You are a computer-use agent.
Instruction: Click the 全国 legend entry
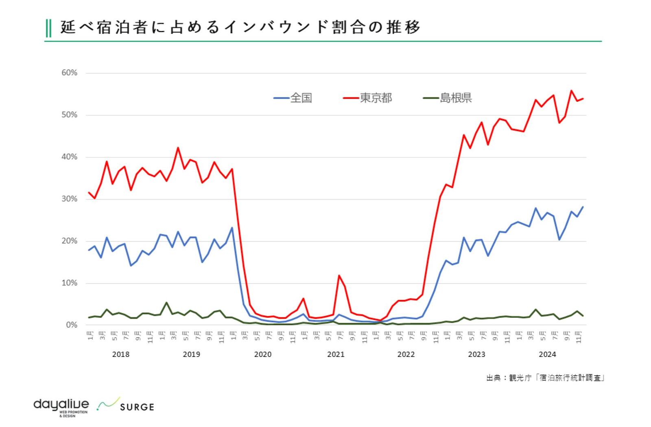[x=301, y=98]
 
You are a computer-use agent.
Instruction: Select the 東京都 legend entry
[x=375, y=98]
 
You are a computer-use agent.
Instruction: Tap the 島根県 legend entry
[x=455, y=98]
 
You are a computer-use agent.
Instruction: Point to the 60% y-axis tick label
[x=69, y=73]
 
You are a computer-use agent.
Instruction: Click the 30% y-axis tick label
[x=69, y=199]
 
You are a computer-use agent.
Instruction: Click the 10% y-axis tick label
[x=69, y=283]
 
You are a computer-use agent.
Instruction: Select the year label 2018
[x=120, y=354]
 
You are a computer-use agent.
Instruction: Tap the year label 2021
[x=336, y=354]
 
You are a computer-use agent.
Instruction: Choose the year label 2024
[x=547, y=354]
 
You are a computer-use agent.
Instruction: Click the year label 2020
[x=263, y=354]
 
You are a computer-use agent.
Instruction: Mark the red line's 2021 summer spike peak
[x=339, y=276]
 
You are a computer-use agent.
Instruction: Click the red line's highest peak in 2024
[x=571, y=91]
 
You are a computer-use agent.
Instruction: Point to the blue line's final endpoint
[x=583, y=207]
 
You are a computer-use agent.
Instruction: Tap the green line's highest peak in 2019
[x=166, y=303]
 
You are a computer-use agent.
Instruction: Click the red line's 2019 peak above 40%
[x=178, y=148]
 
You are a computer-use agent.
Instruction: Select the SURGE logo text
[x=137, y=407]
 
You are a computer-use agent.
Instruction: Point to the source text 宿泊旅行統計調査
[x=571, y=378]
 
